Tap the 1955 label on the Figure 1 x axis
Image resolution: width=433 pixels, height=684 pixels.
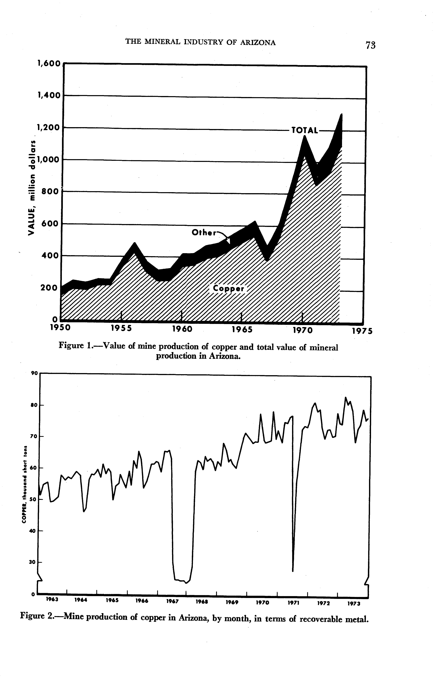click(121, 329)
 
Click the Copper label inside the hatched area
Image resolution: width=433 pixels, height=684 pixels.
click(229, 289)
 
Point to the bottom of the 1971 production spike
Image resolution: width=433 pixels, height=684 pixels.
click(293, 571)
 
